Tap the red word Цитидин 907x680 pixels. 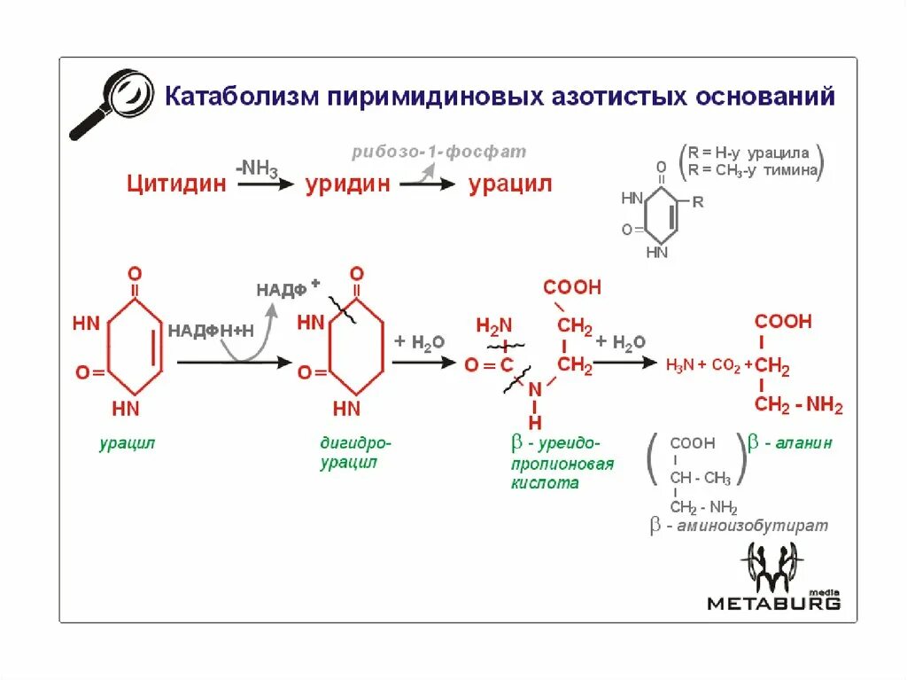click(x=176, y=184)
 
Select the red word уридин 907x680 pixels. click(x=348, y=184)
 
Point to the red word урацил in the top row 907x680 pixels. click(x=510, y=184)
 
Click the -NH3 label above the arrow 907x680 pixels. click(x=256, y=166)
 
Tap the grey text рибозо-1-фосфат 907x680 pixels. click(x=438, y=152)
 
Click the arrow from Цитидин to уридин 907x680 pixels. click(x=265, y=184)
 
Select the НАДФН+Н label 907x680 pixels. click(x=211, y=330)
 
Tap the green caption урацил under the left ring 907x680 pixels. click(x=127, y=442)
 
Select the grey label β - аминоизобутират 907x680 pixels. click(x=739, y=526)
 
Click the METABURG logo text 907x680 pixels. click(x=773, y=603)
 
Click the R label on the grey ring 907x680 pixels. click(x=698, y=202)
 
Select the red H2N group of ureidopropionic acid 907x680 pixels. click(x=494, y=326)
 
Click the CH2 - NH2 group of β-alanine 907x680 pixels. click(x=798, y=406)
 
